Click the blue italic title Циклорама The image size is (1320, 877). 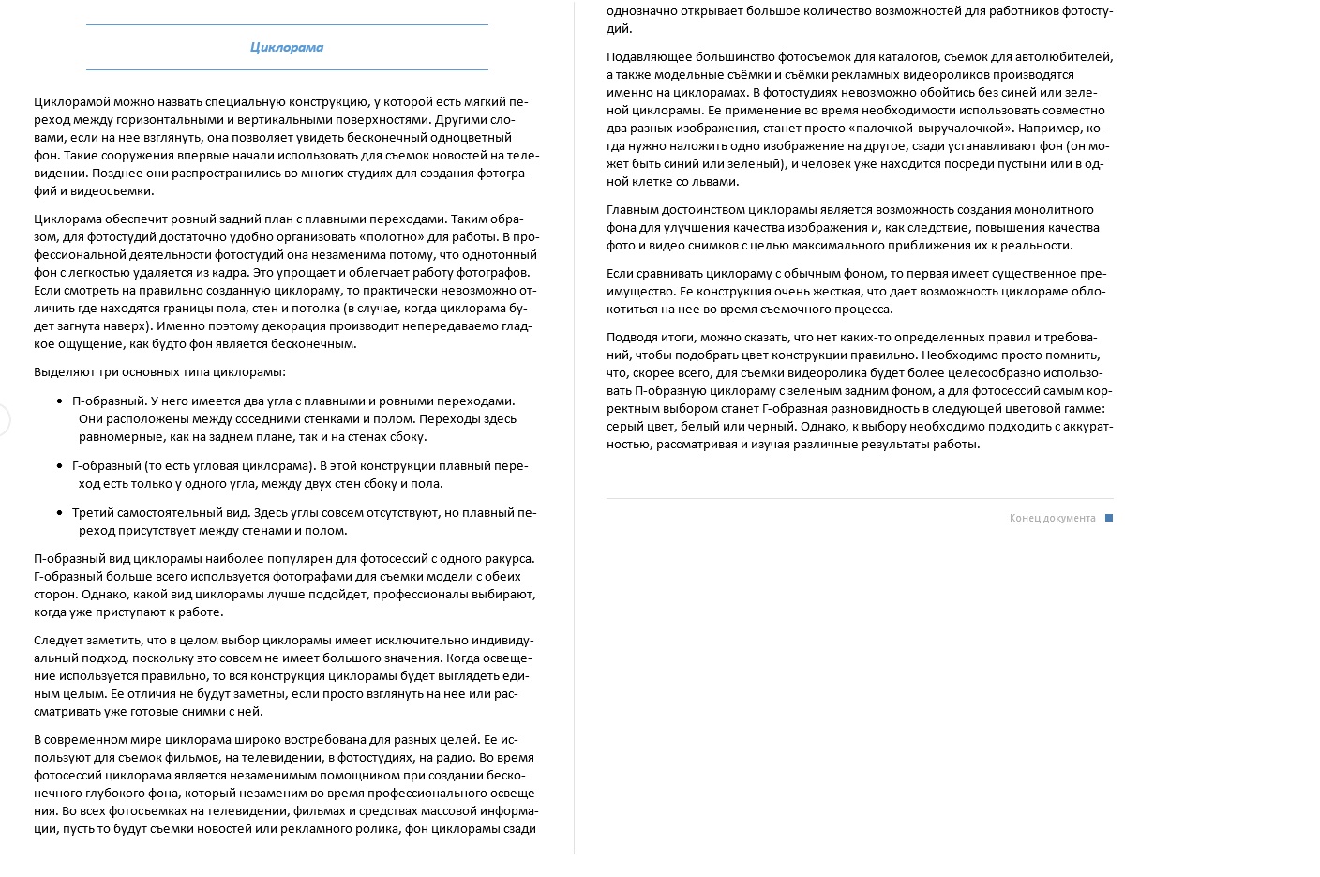tap(287, 47)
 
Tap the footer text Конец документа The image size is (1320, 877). tap(1052, 518)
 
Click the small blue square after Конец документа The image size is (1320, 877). tap(1109, 518)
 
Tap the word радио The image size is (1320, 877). tap(456, 757)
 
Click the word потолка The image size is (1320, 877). tap(314, 308)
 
